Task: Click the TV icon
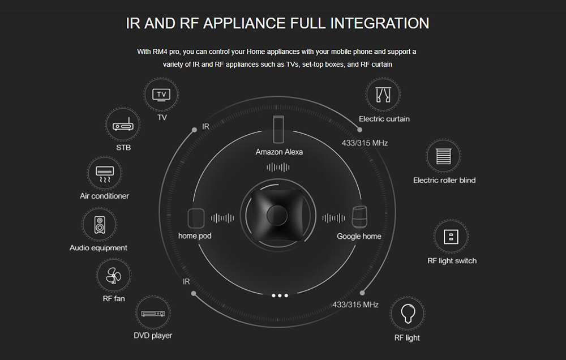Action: point(161,95)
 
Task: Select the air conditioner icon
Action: point(105,174)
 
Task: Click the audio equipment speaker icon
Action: point(100,225)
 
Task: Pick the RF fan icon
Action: point(113,276)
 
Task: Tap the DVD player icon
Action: point(153,314)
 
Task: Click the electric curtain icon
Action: point(383,95)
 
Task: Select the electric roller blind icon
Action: point(443,156)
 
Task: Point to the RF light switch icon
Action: point(451,237)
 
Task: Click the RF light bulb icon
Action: point(408,312)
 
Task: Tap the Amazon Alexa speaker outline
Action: point(278,129)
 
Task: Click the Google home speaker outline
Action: point(359,217)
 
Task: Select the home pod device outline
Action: point(196,218)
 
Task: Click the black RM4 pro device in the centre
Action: point(277,215)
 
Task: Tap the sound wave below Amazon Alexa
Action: point(278,167)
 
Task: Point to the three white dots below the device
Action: point(280,295)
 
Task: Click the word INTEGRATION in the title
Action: point(379,23)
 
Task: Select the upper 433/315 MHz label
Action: point(365,143)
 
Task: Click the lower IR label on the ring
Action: point(186,282)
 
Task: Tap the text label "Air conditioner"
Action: point(104,196)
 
